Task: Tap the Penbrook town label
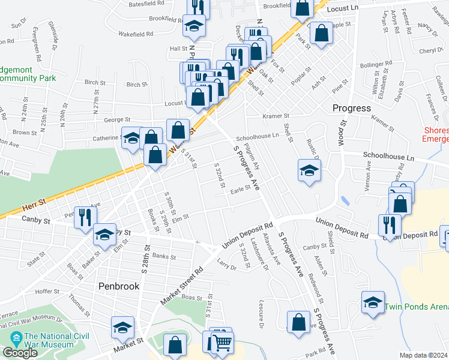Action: point(119,286)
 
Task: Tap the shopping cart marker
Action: point(222,342)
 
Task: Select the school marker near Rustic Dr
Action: point(309,170)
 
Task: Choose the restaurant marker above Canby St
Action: point(85,217)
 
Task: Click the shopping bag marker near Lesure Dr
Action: point(298,321)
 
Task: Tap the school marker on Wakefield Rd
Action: point(194,25)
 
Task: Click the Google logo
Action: point(20,353)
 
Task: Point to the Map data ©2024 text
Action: point(423,355)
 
